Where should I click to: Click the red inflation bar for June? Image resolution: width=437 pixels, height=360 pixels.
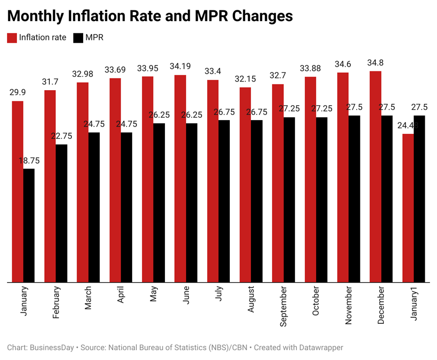pos(180,178)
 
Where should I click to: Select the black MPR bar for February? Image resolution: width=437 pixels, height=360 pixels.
pos(61,214)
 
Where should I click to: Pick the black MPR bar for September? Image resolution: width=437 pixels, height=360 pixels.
pos(289,199)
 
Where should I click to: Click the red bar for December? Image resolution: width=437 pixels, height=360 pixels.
pos(375,176)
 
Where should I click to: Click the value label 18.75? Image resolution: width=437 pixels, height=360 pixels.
pos(29,161)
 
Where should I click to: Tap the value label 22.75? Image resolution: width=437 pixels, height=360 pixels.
pos(62,136)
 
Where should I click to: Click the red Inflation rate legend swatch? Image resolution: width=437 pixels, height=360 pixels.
pos(12,38)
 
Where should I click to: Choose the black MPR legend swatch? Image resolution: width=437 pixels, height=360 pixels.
pos(78,38)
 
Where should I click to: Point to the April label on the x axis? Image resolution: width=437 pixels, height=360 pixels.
pos(121,295)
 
